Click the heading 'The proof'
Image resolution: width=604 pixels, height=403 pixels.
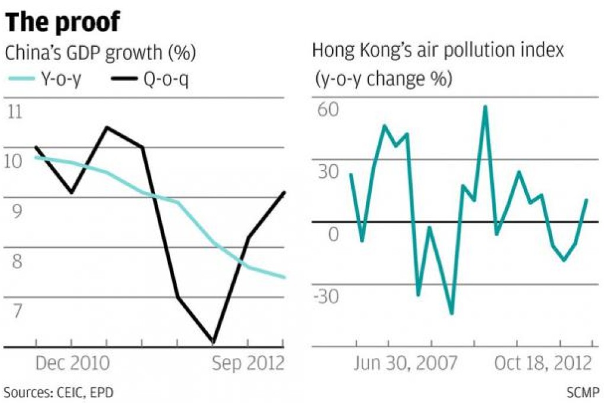pos(63,23)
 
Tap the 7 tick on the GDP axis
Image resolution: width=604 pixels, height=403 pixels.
pos(14,311)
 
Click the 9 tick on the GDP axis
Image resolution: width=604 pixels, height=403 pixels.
pos(14,211)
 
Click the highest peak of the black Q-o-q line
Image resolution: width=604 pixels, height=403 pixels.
pos(107,127)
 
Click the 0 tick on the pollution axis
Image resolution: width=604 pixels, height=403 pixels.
pos(334,234)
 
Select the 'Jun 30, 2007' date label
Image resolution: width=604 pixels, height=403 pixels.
pos(406,363)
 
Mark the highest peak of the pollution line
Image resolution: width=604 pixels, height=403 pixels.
pos(485,107)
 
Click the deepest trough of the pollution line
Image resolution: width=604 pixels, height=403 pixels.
pos(452,314)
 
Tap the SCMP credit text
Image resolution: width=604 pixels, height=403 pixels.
pos(583,392)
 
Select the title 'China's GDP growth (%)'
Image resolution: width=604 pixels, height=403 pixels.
pos(100,54)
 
